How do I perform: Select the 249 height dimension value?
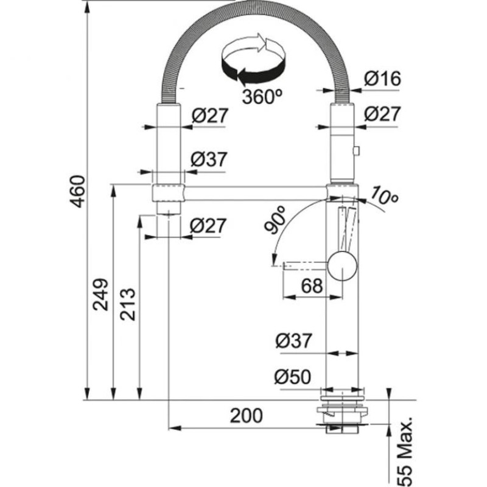tap(102, 294)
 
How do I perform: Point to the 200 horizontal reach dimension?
tap(246, 416)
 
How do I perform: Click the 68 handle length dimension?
tap(312, 285)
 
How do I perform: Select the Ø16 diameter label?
tap(382, 79)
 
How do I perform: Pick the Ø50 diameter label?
tap(292, 378)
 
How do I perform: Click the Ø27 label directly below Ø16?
tap(382, 114)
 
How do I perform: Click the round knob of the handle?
tap(342, 267)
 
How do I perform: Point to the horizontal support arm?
tap(256, 194)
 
